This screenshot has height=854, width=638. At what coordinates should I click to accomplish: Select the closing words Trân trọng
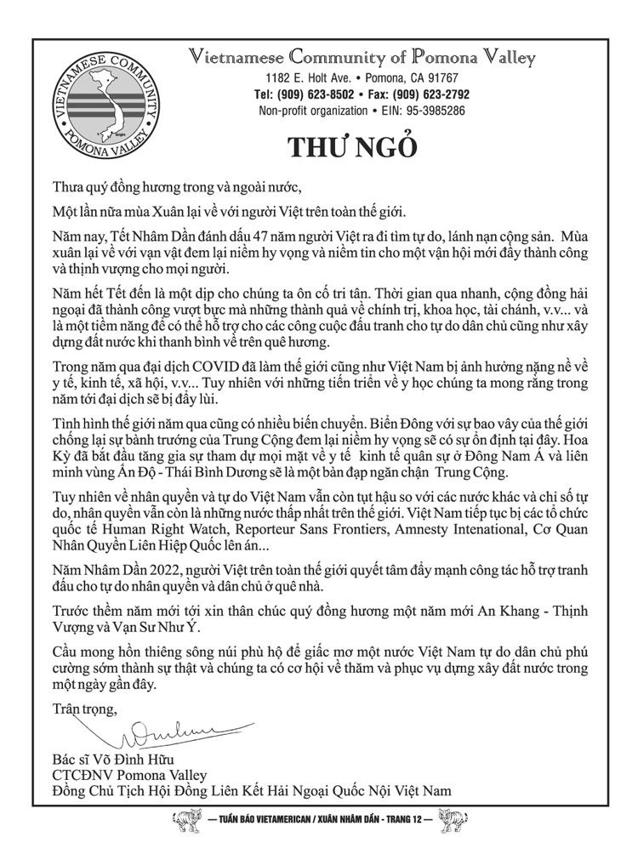point(86,708)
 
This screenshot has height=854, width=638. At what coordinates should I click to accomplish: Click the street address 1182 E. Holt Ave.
point(305,78)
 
